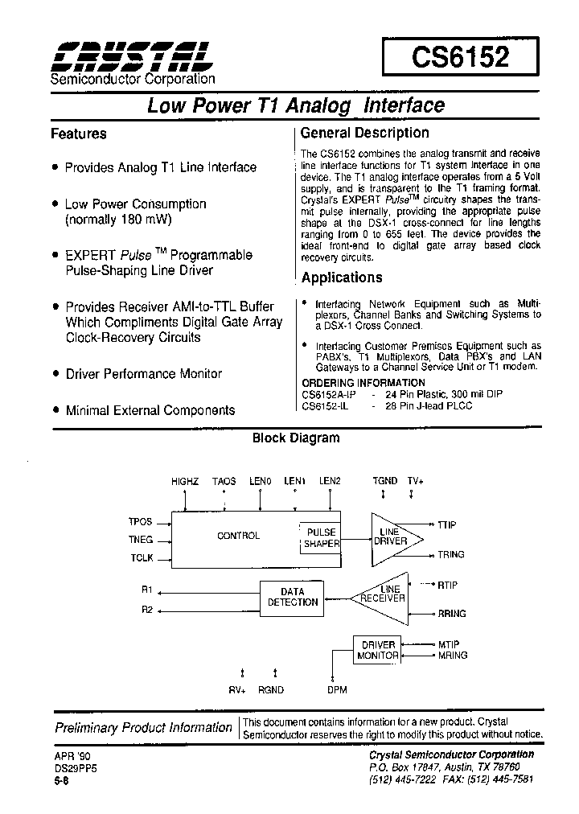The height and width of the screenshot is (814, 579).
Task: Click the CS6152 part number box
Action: coord(460,58)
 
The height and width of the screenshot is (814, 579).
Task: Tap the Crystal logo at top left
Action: coord(131,55)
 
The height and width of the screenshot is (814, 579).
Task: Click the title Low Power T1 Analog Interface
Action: coord(295,105)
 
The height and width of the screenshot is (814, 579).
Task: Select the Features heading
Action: coord(78,134)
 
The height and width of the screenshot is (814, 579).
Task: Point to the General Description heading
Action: coord(364,133)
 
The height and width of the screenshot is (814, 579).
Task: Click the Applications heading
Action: coord(342,277)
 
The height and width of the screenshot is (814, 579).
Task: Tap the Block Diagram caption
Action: coord(296,438)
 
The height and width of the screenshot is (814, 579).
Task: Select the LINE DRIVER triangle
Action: coord(392,536)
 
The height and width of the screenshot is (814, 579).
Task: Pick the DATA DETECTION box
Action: coord(293,597)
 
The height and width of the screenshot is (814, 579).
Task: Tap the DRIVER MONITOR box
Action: coord(378,650)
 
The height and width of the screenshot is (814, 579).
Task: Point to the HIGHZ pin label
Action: coord(185,481)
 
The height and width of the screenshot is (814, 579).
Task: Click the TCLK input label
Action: coord(140,558)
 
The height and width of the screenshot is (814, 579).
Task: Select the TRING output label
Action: coord(451,555)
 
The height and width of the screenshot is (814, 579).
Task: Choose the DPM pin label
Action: coord(338,690)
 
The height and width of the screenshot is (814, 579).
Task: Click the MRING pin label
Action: coord(453,656)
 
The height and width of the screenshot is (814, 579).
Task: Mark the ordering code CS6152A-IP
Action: coord(328,395)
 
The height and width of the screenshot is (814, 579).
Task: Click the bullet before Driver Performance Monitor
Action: coord(55,374)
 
